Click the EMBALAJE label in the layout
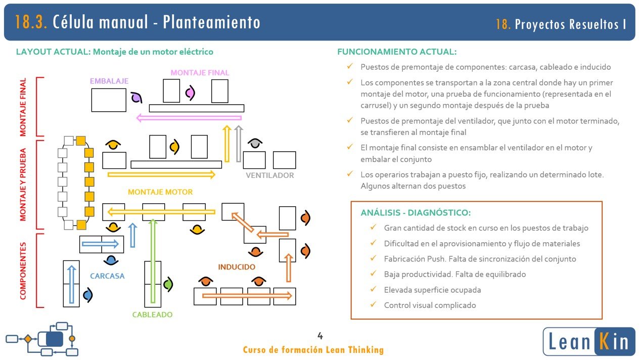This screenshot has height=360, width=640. point(109,81)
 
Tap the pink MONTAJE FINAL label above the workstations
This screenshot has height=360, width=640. point(200,72)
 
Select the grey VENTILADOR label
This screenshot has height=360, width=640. point(269,175)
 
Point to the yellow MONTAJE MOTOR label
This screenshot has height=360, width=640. point(160,192)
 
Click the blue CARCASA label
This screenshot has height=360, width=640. point(107,276)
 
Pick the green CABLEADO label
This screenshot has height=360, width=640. point(152,314)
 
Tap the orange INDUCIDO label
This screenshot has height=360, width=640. point(237,266)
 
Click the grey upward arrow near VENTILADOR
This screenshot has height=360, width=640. point(239,144)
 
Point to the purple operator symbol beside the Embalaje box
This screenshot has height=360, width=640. point(135,98)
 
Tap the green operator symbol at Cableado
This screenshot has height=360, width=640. point(168,285)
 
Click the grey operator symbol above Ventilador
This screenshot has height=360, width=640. point(256,144)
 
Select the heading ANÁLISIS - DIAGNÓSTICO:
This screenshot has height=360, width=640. point(416,213)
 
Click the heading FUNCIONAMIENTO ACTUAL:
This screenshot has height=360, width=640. point(397,52)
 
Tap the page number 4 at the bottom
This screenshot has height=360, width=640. point(320,336)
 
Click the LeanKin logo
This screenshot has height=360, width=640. point(588,341)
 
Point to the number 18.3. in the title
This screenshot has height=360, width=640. point(31,22)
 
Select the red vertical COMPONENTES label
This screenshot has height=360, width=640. point(23,271)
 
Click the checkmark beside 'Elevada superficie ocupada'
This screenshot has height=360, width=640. point(373,290)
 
